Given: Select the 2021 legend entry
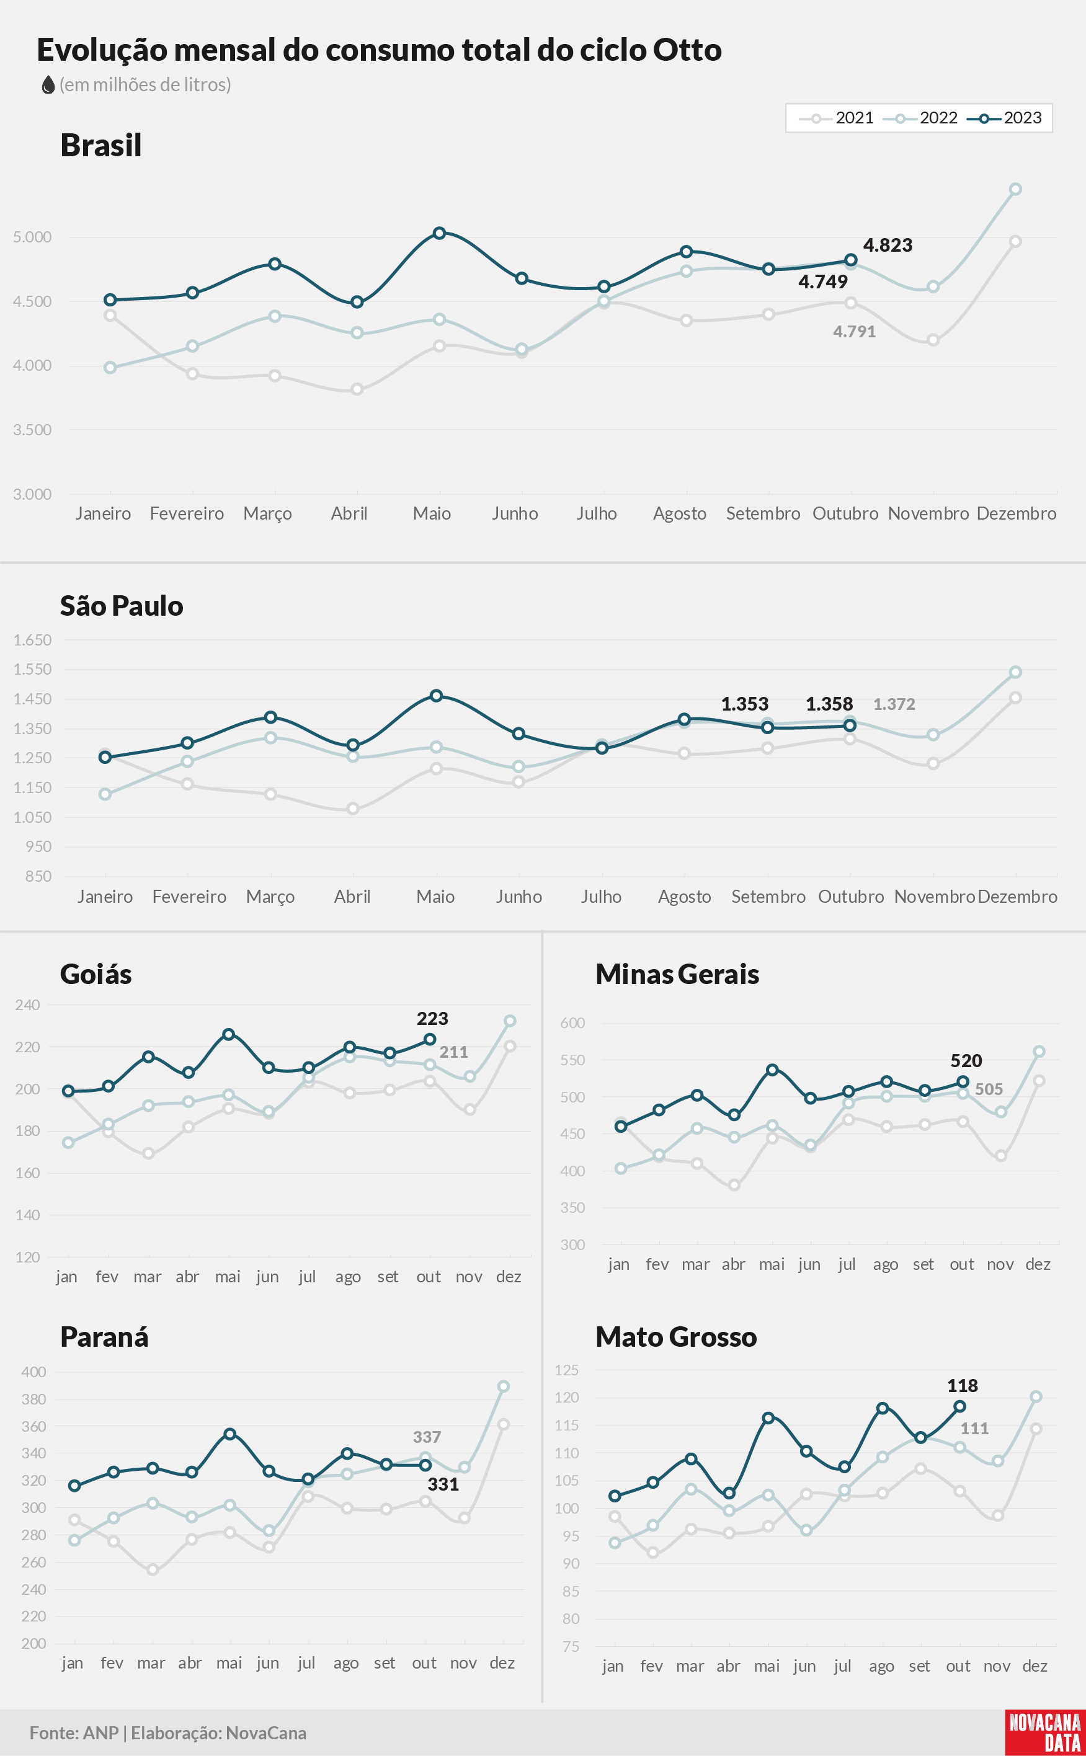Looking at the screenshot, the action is pyautogui.click(x=837, y=118).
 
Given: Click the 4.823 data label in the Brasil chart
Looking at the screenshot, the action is pyautogui.click(x=888, y=245).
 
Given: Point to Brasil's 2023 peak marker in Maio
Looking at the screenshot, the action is pyautogui.click(x=440, y=233).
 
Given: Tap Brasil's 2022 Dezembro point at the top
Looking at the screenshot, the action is pyautogui.click(x=1016, y=190).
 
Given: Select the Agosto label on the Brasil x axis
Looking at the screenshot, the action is pyautogui.click(x=680, y=513).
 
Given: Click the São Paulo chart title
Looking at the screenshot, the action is pyautogui.click(x=122, y=605).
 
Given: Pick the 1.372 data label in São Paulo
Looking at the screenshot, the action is pyautogui.click(x=894, y=704).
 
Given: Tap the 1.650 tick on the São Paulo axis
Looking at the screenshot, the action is pyautogui.click(x=32, y=640).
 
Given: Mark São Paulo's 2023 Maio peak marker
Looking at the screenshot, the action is pyautogui.click(x=436, y=696).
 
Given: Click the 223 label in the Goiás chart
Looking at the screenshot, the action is pyautogui.click(x=432, y=1018).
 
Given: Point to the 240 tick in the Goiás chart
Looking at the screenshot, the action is pyautogui.click(x=27, y=1004).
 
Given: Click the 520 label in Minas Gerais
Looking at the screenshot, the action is pyautogui.click(x=966, y=1060).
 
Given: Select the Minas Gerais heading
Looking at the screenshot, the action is pyautogui.click(x=677, y=973).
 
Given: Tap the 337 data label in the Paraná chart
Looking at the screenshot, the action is pyautogui.click(x=427, y=1437).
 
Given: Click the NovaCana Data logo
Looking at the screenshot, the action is pyautogui.click(x=1045, y=1733).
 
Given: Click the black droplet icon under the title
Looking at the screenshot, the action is pyautogui.click(x=48, y=85).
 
